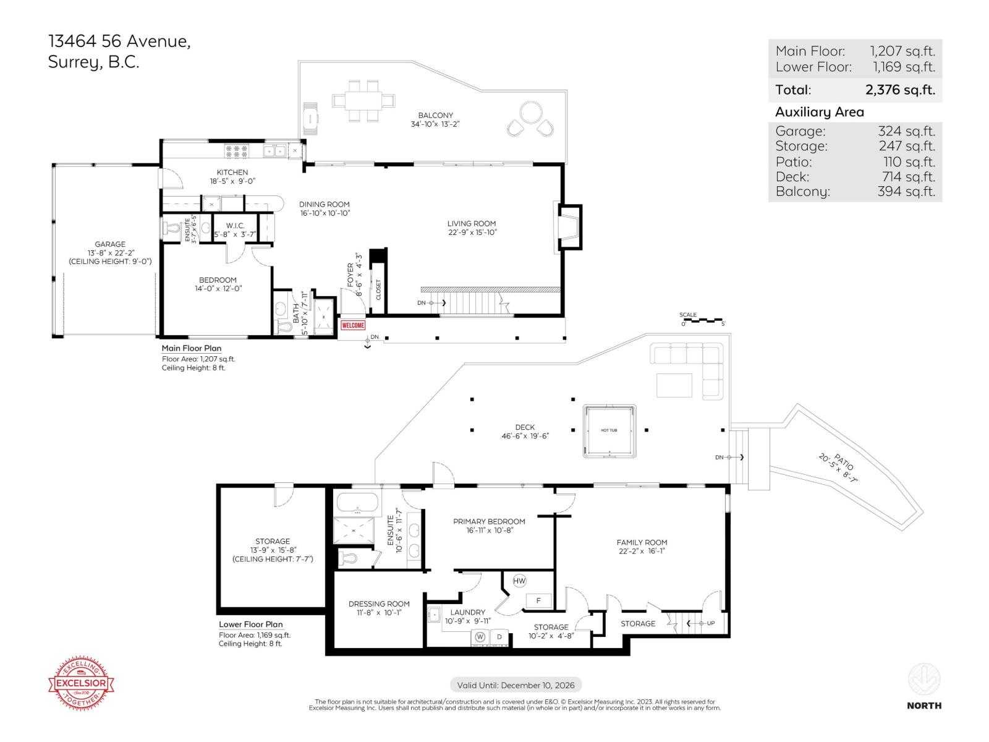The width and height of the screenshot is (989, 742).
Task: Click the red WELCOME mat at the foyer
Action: tap(353, 325)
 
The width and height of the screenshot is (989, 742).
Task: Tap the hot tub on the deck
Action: tap(609, 431)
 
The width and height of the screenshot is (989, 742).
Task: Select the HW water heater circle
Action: tap(519, 581)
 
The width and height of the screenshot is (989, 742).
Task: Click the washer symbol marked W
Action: tap(480, 637)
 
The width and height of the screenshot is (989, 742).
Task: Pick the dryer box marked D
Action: tap(499, 637)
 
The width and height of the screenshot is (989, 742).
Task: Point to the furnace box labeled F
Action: tap(538, 600)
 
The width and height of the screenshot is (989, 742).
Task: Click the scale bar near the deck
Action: tap(702, 320)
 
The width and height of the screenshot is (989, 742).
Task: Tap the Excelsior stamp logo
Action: tap(82, 683)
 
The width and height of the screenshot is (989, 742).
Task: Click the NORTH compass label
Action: tap(924, 705)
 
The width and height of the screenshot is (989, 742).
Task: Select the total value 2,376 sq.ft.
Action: tap(900, 90)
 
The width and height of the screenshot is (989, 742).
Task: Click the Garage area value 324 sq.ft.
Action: tap(906, 131)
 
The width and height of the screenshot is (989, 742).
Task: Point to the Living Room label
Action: tap(472, 224)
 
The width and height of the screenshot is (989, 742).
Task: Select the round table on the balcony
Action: tap(530, 113)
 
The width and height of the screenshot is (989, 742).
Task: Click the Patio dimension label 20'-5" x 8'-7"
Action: tap(838, 467)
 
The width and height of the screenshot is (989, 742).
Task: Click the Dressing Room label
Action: tap(379, 604)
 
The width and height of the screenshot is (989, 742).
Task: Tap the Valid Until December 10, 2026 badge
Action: tap(516, 685)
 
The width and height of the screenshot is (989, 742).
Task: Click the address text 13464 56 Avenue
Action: tap(119, 41)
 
